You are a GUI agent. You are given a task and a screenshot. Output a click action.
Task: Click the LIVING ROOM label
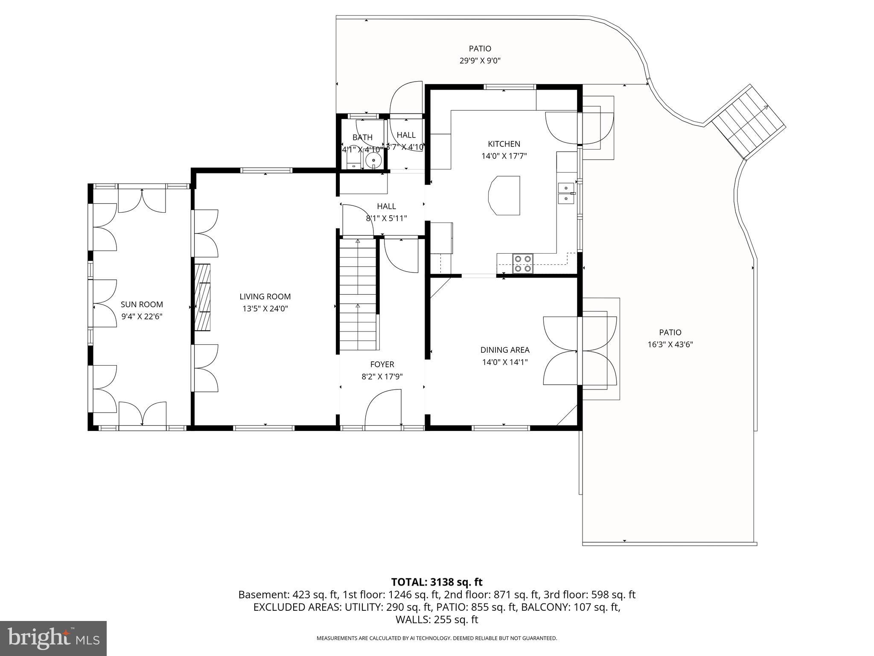click(x=265, y=296)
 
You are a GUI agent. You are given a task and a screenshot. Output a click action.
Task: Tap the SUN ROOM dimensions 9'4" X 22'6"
click(x=142, y=316)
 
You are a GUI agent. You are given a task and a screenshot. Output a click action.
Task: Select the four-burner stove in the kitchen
click(x=523, y=264)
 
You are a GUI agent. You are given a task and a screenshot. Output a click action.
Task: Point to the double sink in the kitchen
click(x=566, y=193)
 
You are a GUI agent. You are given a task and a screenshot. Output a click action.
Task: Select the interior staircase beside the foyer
click(x=358, y=295)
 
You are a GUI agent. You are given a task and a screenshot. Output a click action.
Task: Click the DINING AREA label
click(x=505, y=350)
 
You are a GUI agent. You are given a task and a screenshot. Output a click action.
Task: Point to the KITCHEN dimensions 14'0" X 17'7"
click(x=504, y=156)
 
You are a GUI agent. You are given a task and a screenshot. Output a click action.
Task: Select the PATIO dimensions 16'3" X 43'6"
click(x=670, y=344)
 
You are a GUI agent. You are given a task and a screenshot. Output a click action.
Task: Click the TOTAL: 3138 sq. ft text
click(x=437, y=582)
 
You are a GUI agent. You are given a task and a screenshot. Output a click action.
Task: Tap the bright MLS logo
click(x=53, y=638)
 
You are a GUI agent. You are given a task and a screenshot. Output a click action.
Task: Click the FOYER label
click(x=382, y=364)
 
